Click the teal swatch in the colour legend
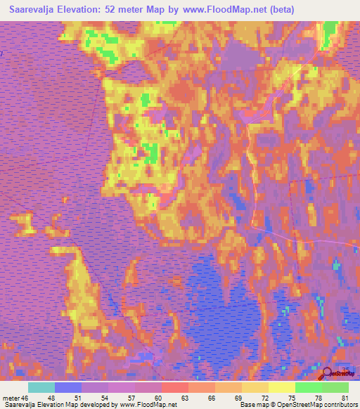[x=41, y=388]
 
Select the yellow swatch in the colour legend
[x=281, y=388]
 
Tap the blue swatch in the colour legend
[x=67, y=388]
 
